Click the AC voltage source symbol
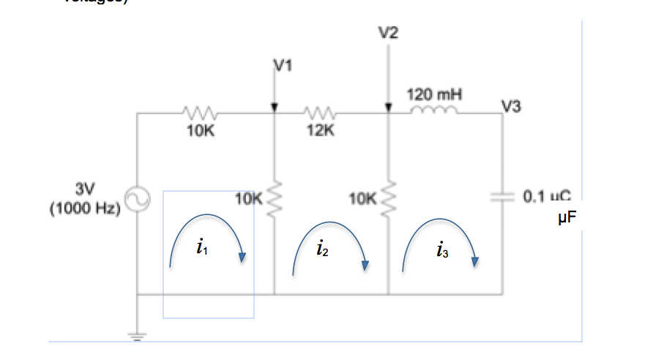click(138, 198)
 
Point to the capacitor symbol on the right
click(502, 197)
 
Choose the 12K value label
click(321, 132)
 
